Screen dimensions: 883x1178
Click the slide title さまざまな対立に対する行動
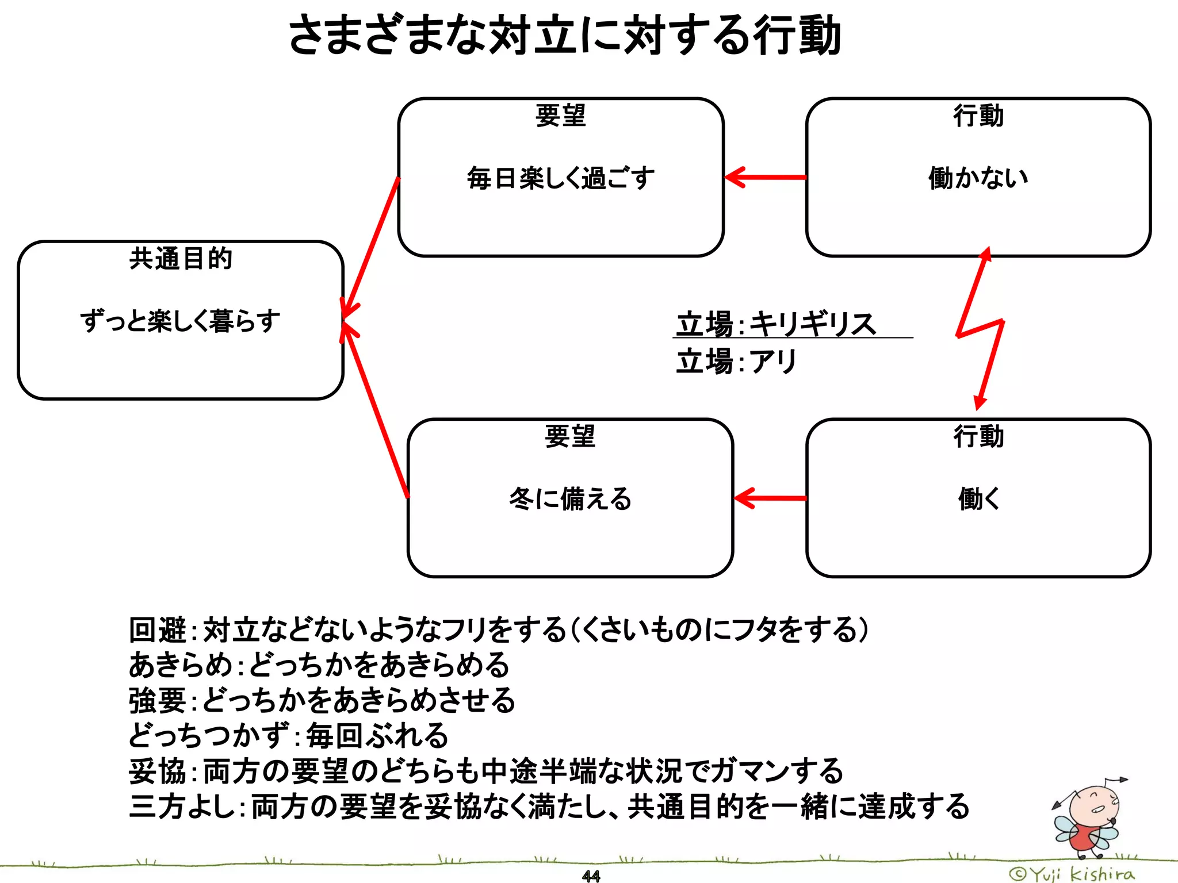pyautogui.click(x=564, y=36)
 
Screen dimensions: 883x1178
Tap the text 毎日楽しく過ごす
pyautogui.click(x=561, y=178)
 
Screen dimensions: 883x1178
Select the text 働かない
pyautogui.click(x=978, y=178)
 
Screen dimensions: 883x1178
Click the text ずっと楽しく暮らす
pyautogui.click(x=180, y=321)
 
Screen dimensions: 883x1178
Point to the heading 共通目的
pyautogui.click(x=180, y=258)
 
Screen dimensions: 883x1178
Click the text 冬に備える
pyautogui.click(x=570, y=498)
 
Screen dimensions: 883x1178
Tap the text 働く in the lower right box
pyautogui.click(x=978, y=498)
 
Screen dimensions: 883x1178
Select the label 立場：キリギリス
pyautogui.click(x=777, y=324)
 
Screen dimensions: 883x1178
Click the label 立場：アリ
pyautogui.click(x=736, y=362)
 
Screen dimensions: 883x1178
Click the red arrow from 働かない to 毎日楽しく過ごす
pyautogui.click(x=765, y=178)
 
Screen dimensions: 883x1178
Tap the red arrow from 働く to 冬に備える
pyautogui.click(x=771, y=498)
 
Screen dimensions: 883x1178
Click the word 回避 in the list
pyautogui.click(x=157, y=629)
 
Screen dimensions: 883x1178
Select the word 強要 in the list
pyautogui.click(x=157, y=701)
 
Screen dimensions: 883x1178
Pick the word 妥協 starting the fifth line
pyautogui.click(x=157, y=771)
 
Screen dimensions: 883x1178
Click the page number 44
pyautogui.click(x=591, y=876)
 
